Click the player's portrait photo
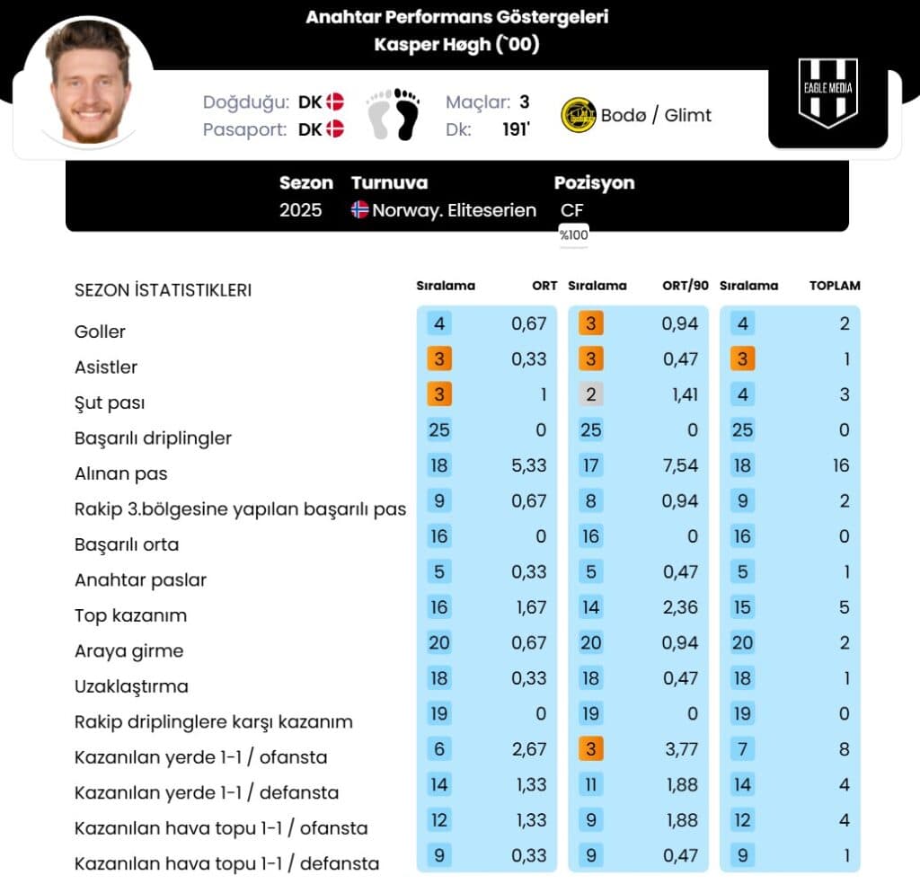click(88, 84)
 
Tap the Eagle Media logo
click(827, 93)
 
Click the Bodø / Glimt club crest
click(579, 115)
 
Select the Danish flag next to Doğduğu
click(335, 102)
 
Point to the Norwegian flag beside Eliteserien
click(359, 210)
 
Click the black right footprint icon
click(407, 114)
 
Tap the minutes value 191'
click(516, 128)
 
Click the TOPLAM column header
click(835, 286)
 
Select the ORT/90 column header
click(686, 286)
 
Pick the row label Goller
click(100, 331)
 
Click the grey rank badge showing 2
click(590, 393)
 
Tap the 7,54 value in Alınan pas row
click(680, 465)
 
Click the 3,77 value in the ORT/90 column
click(680, 748)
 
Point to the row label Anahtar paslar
click(140, 580)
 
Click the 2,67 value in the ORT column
click(529, 748)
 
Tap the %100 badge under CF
click(573, 235)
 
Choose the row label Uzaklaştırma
click(131, 686)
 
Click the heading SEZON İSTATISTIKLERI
click(163, 290)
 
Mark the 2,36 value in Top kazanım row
click(680, 607)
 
